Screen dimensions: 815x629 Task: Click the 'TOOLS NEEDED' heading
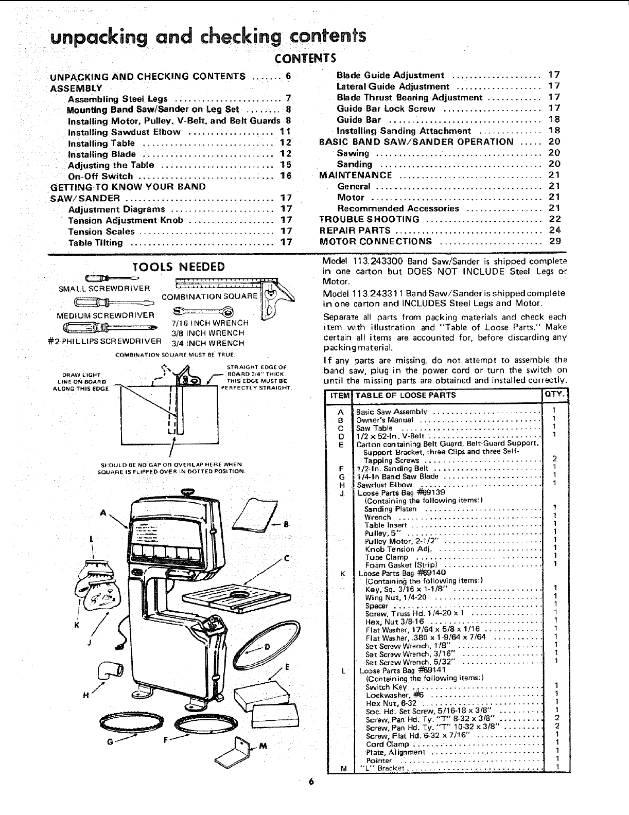tap(178, 267)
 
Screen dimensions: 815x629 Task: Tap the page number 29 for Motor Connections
tap(554, 241)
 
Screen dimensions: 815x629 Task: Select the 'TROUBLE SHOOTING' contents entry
tap(369, 220)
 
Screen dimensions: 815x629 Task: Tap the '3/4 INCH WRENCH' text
tap(208, 343)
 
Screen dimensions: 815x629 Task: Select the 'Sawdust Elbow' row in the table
tap(385, 484)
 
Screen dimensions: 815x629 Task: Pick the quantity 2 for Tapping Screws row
tap(554, 458)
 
